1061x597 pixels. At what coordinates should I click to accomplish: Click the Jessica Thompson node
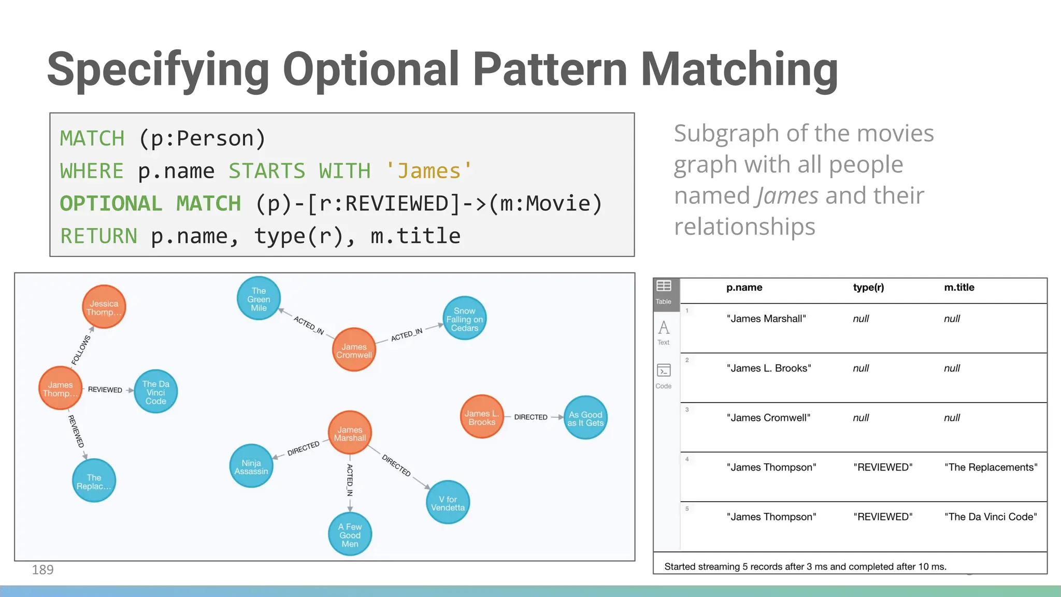(104, 307)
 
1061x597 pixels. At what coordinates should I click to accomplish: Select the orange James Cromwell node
(354, 350)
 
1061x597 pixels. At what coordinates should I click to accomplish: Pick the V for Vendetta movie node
(448, 503)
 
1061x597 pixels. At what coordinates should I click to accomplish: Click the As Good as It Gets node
(585, 418)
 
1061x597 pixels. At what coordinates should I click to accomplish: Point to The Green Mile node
(259, 299)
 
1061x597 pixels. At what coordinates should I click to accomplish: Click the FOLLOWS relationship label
(81, 350)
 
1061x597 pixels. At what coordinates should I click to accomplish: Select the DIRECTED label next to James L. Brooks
(530, 417)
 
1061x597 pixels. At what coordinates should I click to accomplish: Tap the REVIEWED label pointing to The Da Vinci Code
(105, 390)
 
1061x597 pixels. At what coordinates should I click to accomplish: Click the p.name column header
(744, 288)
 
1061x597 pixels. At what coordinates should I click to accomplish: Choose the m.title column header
(959, 288)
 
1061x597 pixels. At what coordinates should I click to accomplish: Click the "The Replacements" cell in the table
(991, 467)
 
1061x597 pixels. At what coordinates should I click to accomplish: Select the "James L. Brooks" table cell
(768, 368)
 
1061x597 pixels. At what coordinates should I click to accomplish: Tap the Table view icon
(664, 292)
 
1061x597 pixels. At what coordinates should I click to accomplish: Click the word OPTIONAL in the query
(111, 204)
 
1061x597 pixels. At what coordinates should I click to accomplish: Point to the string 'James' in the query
(429, 172)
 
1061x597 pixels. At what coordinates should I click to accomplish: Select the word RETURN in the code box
(98, 236)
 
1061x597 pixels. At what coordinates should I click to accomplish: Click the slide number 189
(42, 570)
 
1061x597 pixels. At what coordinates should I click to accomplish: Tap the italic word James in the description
(787, 196)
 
